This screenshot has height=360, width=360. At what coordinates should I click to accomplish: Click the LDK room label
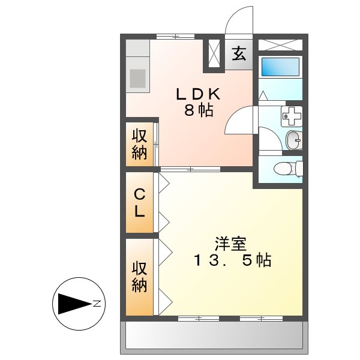198,94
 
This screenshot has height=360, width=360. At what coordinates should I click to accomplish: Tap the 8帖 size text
198,110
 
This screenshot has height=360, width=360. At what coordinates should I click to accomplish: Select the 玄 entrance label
239,54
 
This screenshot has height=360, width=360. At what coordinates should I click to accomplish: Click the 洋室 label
230,244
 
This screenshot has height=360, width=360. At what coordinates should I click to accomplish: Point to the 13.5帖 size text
230,260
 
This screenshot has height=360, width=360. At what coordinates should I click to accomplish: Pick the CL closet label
139,202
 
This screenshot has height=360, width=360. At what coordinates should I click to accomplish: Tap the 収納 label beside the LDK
139,144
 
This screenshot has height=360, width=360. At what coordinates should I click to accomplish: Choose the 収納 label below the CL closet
139,277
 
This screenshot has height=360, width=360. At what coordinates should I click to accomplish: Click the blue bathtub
281,67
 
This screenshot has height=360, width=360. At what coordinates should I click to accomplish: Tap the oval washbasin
293,140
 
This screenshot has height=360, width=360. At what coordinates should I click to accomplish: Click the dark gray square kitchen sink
138,77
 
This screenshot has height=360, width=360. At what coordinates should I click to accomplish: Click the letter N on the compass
97,305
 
